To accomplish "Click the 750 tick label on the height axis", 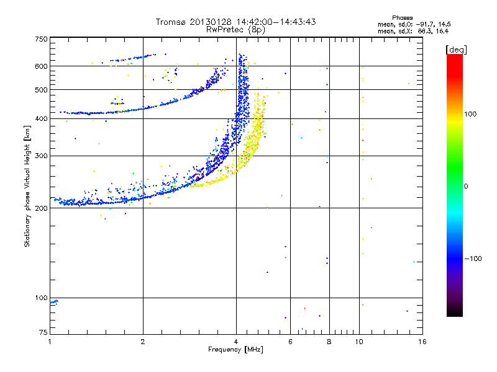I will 42,39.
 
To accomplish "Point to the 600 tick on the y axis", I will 42,66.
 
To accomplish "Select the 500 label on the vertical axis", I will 42,90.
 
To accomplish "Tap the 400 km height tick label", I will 42,118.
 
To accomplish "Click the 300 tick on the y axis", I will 42,156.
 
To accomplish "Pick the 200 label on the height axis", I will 42,208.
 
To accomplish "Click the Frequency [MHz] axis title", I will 236,350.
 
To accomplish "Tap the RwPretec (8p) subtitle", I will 236,29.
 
